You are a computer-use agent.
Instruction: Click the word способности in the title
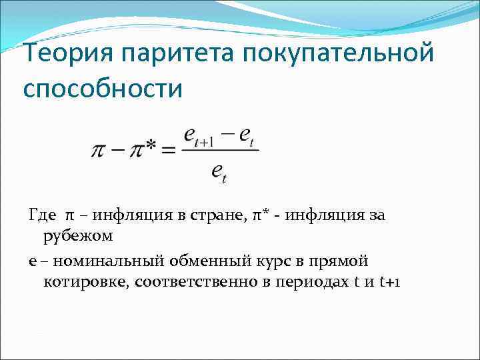tap(102, 87)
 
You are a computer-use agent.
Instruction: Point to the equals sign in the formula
tap(170, 150)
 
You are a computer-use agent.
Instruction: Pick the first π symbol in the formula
tap(98, 150)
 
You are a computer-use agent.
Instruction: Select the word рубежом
tap(78, 235)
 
